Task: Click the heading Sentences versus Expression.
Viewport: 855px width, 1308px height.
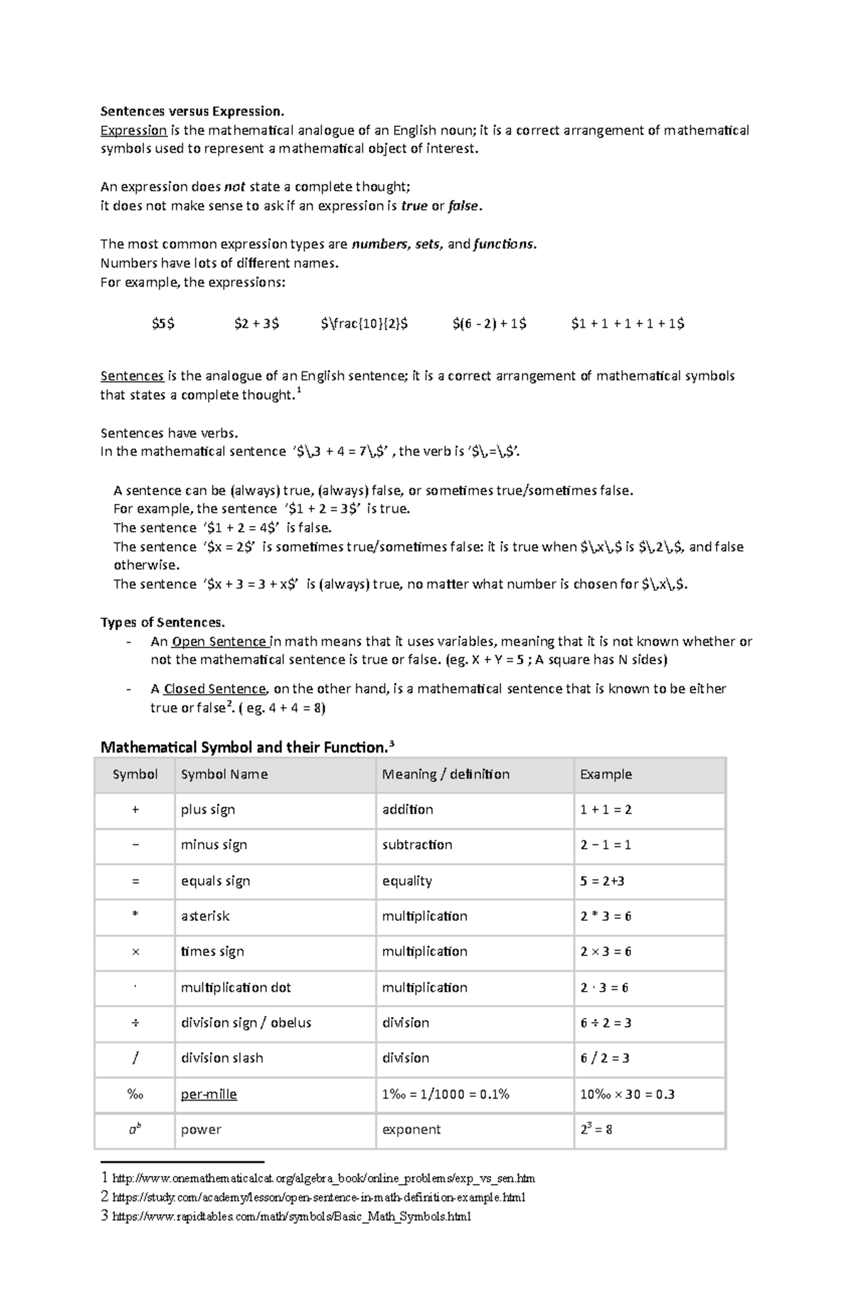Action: tap(192, 111)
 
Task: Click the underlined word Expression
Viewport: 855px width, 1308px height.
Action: tap(133, 130)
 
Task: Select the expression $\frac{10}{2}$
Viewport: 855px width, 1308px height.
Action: tap(364, 324)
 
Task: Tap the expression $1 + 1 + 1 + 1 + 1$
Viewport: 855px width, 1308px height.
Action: tap(627, 324)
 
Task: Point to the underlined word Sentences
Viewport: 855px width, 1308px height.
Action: tap(132, 376)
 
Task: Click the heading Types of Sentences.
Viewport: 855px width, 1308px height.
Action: tap(162, 622)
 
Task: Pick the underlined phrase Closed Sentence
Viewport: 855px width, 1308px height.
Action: tap(214, 689)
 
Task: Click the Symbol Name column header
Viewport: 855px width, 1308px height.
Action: tap(224, 774)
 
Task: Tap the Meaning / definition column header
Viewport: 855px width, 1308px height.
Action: tap(445, 774)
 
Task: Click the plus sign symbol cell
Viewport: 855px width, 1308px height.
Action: tap(135, 810)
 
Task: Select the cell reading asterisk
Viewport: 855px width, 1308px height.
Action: tap(205, 916)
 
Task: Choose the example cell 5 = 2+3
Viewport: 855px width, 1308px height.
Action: tap(602, 881)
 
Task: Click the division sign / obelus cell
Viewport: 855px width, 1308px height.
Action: tap(246, 1023)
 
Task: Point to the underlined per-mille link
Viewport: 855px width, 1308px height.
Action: tap(209, 1094)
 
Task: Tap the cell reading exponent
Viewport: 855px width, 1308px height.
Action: tap(411, 1130)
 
